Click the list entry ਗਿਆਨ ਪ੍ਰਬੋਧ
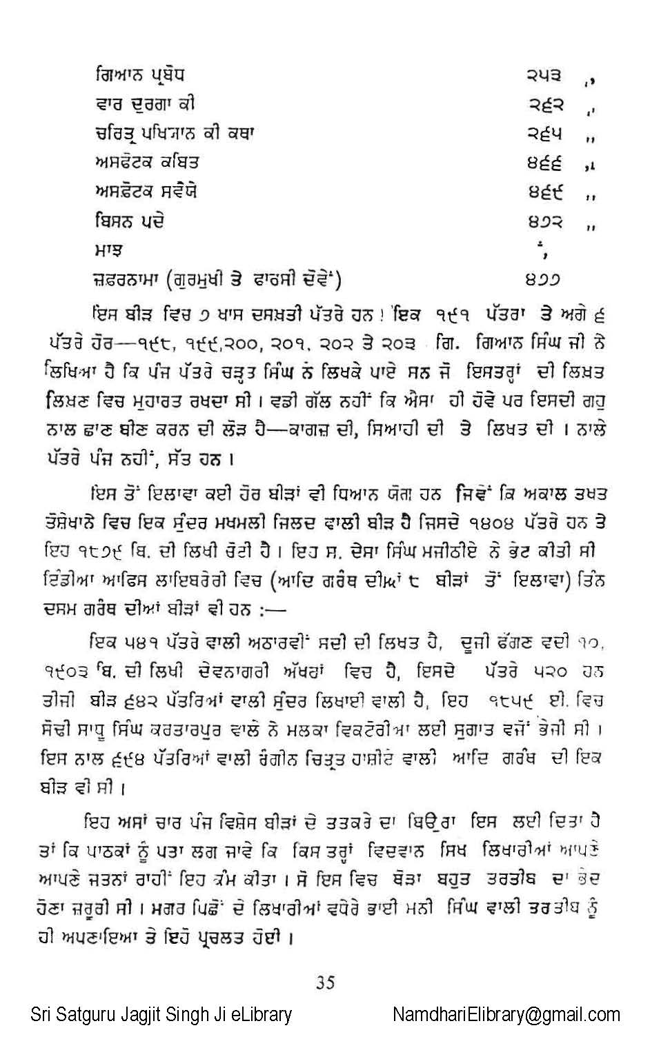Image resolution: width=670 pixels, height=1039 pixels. (x=139, y=75)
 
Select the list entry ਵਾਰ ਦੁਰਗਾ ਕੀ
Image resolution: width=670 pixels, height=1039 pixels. (x=145, y=104)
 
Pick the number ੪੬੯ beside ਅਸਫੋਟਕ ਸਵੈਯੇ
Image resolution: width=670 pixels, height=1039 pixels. (x=545, y=192)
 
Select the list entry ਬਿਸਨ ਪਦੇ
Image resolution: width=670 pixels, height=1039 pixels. (x=129, y=221)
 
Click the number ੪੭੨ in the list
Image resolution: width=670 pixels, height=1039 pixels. (x=545, y=222)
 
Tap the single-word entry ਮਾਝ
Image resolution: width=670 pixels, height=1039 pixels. (x=109, y=250)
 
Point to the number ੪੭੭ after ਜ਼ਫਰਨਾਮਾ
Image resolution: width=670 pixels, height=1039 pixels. (x=542, y=280)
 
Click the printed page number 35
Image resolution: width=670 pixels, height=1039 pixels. (x=325, y=982)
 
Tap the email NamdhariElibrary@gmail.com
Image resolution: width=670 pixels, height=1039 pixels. (x=506, y=1015)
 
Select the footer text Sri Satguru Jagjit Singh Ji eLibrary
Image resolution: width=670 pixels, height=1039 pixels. (x=161, y=1015)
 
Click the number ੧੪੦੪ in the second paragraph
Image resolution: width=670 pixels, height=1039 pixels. (x=479, y=523)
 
